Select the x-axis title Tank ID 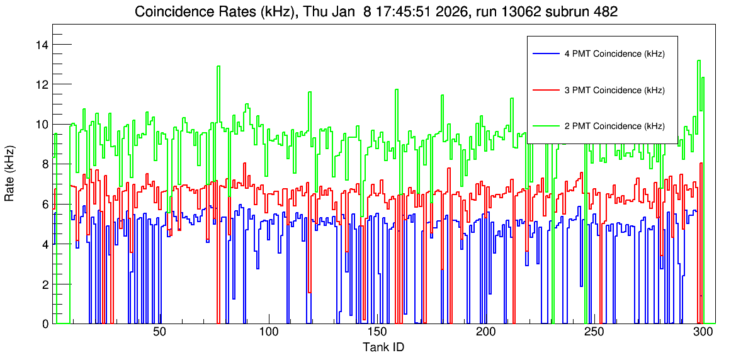pos(383,347)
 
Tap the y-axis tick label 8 pos(44,164)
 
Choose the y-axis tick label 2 pos(44,284)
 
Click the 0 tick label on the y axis pos(44,324)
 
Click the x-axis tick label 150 pos(376,334)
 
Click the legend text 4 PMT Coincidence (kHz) pos(614,54)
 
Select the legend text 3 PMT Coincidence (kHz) pos(614,90)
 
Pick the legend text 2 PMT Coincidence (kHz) pos(614,126)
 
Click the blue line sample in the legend pos(545,54)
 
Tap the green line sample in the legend pos(545,126)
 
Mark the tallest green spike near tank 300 pos(698,61)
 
